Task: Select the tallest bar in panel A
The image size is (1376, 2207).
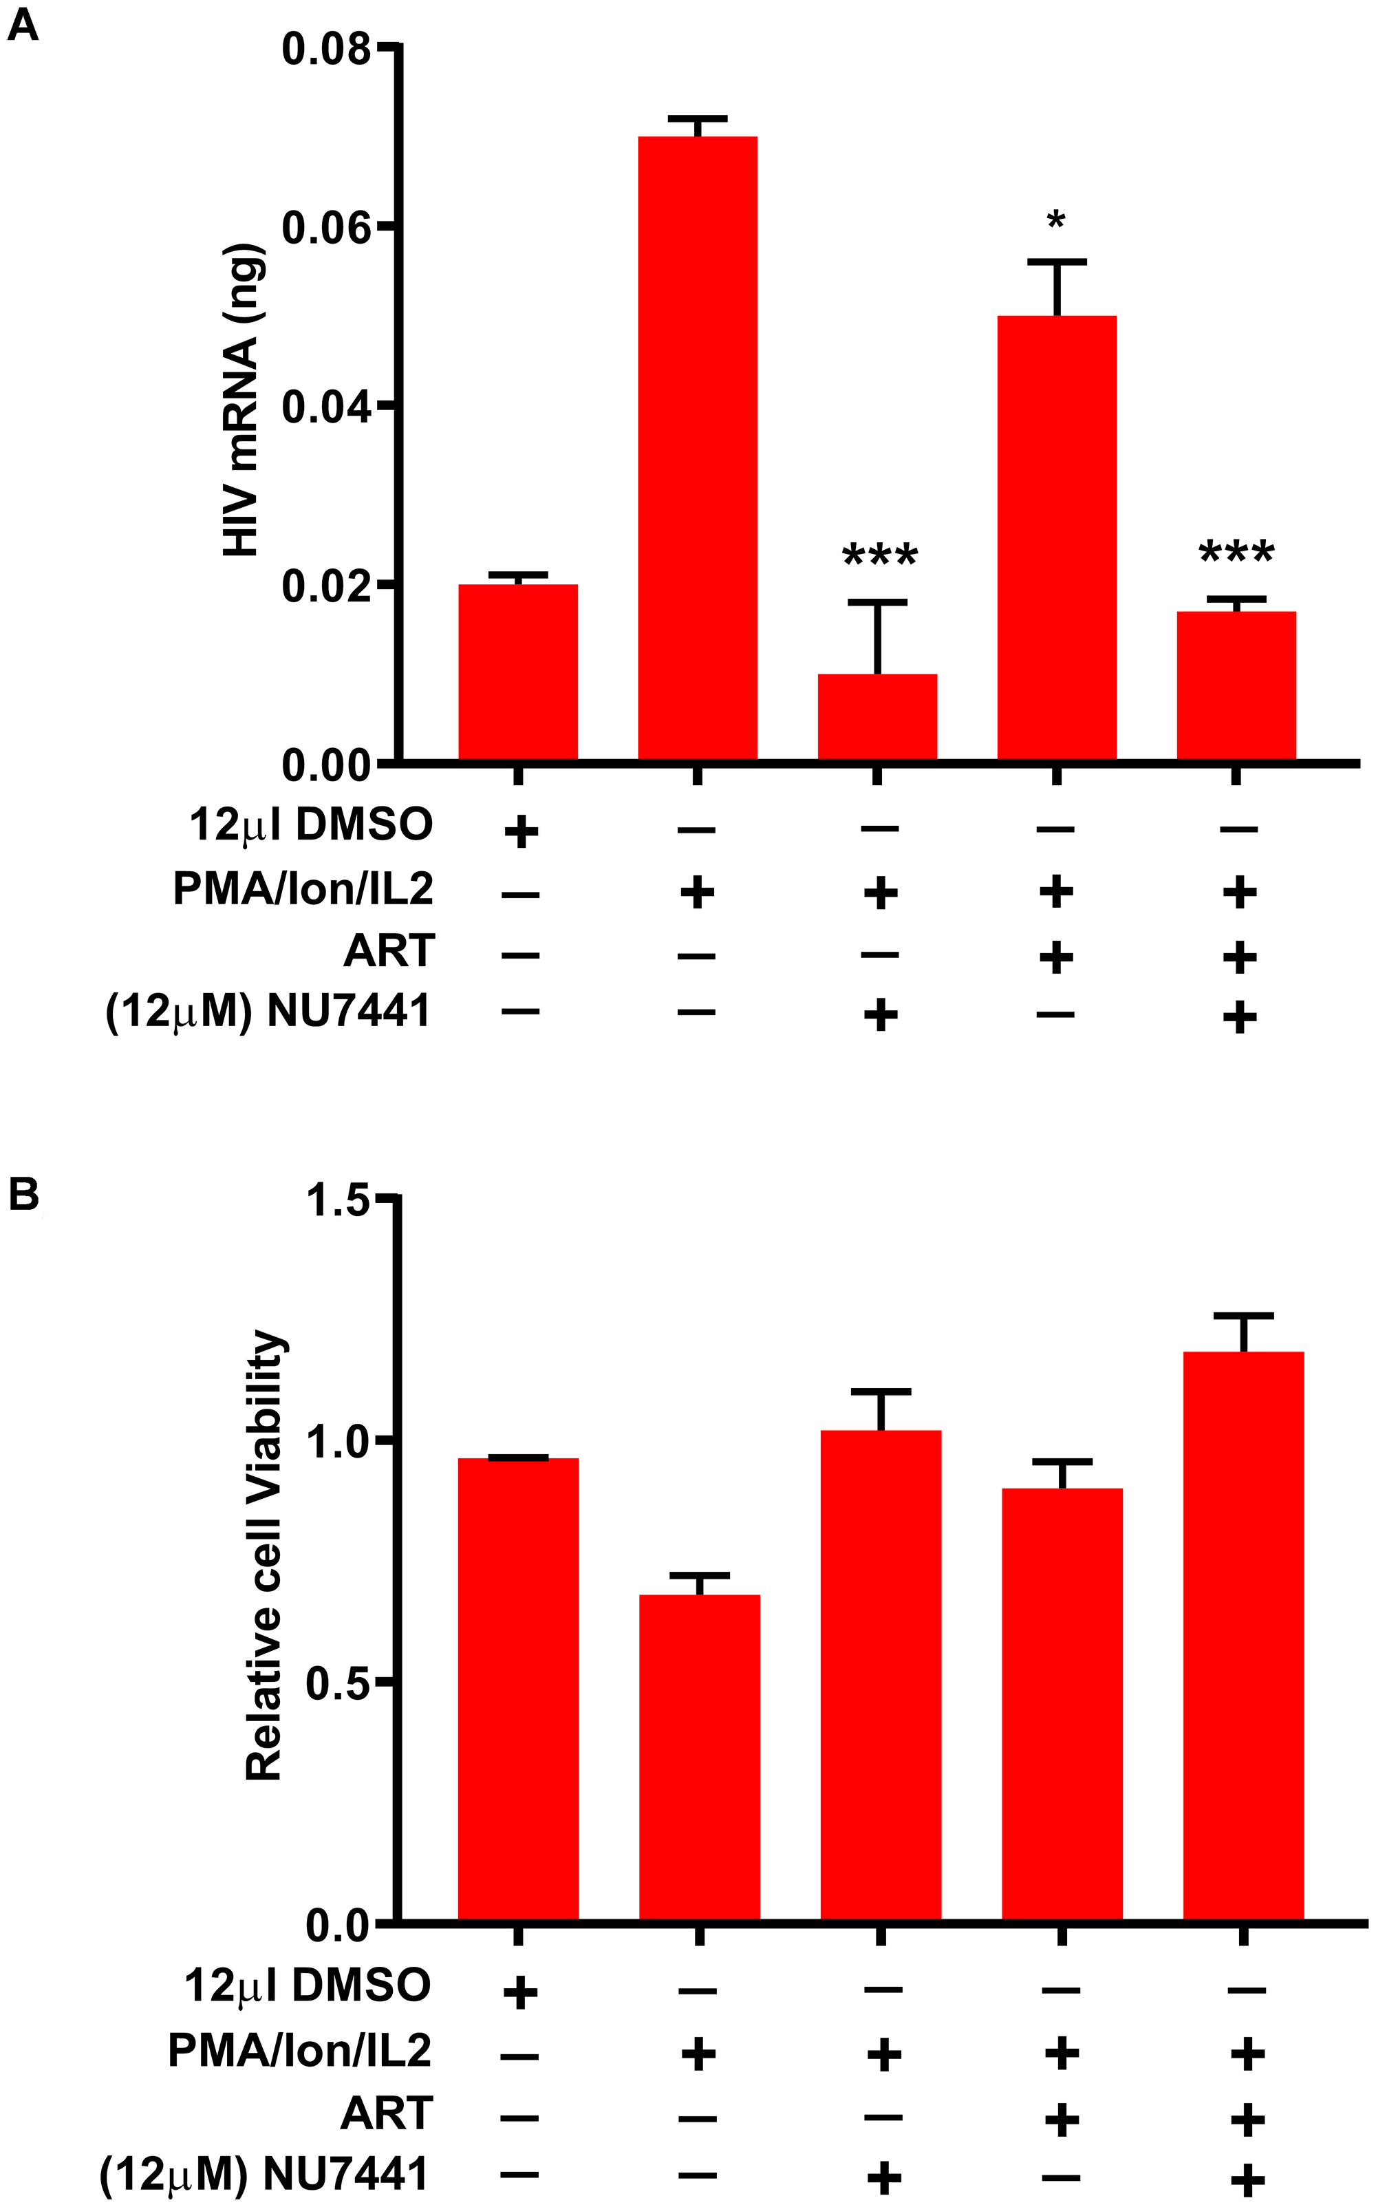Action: [697, 446]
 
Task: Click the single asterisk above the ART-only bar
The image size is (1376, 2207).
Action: [1055, 221]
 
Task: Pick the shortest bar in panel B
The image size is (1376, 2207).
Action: [699, 1756]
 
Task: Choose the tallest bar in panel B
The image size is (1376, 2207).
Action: [1243, 1638]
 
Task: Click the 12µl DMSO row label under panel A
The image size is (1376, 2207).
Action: [310, 825]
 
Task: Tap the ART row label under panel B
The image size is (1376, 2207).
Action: [386, 2113]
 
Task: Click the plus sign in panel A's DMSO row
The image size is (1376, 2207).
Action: [521, 831]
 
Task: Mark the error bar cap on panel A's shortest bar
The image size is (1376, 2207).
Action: [877, 601]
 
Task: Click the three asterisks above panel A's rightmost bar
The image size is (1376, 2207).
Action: [1237, 553]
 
